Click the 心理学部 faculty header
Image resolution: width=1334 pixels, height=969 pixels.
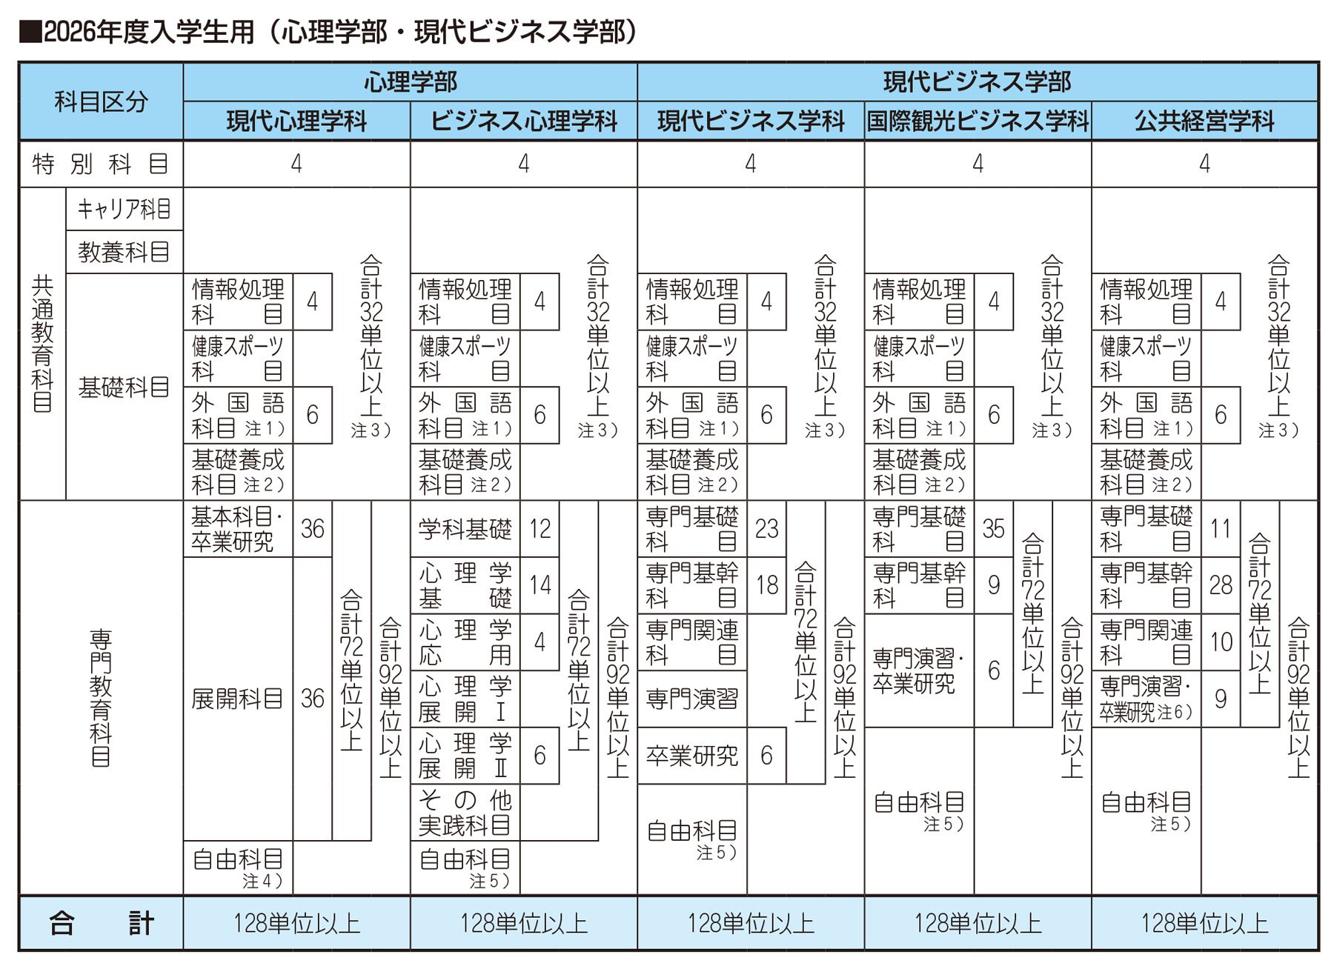point(410,81)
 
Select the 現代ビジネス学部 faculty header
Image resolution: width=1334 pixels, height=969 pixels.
point(977,81)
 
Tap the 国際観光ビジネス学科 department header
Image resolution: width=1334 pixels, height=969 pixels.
point(978,121)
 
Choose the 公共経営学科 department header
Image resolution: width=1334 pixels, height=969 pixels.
point(1204,121)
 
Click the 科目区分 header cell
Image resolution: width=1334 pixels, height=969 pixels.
point(101,101)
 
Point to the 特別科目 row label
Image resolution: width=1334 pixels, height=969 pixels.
point(101,164)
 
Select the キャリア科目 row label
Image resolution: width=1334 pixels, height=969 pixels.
point(124,209)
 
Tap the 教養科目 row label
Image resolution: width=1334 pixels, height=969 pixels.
point(124,252)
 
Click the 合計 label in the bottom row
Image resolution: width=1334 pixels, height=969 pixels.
point(101,923)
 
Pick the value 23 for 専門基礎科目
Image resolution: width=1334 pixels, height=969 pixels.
point(766,528)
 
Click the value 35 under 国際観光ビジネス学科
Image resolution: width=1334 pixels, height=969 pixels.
point(993,528)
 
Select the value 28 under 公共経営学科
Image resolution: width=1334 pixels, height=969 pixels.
point(1221,585)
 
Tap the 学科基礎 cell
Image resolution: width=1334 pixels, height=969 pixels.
point(465,529)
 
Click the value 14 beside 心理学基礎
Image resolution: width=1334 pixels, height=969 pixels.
point(540,585)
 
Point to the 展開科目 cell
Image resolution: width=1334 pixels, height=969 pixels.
point(237,699)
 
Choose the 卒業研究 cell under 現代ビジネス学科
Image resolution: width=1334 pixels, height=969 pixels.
point(691,756)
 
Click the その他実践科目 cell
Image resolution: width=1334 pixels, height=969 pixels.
point(465,812)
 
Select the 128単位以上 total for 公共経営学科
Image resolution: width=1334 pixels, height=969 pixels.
point(1204,923)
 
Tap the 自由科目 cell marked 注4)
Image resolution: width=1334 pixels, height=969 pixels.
point(237,868)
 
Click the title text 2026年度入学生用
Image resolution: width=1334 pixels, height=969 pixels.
point(149,32)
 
